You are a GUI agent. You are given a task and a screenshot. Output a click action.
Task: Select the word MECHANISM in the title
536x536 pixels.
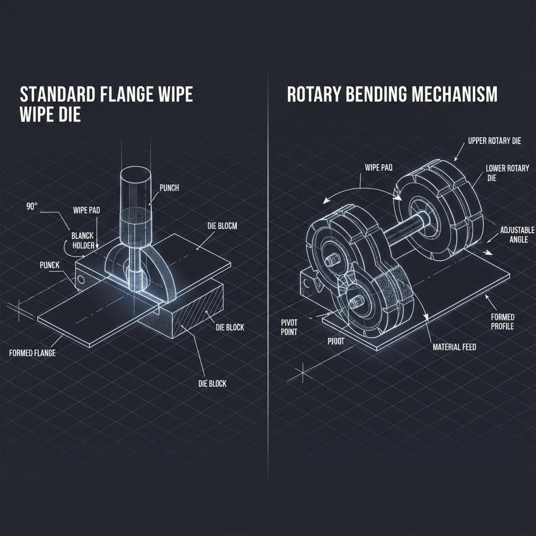click(461, 95)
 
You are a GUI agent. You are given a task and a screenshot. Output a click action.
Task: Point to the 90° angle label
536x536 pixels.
click(31, 206)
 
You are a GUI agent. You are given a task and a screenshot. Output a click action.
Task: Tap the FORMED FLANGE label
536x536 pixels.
click(32, 353)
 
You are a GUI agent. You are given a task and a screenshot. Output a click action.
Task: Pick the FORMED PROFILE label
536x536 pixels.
click(502, 322)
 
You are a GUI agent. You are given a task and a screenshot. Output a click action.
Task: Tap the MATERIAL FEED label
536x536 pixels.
click(454, 347)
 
